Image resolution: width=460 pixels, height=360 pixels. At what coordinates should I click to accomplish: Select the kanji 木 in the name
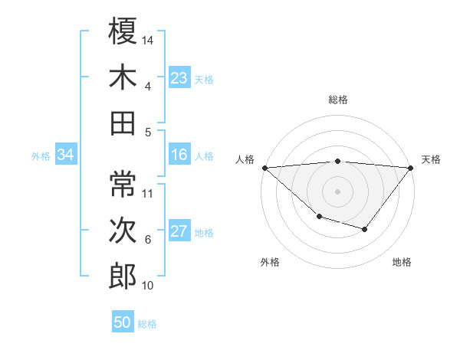point(123,77)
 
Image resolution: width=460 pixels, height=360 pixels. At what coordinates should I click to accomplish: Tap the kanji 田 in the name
point(123,123)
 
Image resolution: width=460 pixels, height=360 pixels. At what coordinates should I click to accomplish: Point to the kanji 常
point(123,183)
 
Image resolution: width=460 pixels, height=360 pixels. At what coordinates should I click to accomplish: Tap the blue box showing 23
point(179,78)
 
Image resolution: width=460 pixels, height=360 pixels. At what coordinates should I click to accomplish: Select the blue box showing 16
point(179,155)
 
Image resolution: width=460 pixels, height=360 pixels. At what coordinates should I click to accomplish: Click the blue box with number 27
point(179,232)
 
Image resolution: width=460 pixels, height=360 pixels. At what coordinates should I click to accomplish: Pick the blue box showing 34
point(66,155)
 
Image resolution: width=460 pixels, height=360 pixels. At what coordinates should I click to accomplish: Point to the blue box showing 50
point(123,322)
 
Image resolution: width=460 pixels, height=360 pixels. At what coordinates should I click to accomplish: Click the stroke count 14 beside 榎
point(148,40)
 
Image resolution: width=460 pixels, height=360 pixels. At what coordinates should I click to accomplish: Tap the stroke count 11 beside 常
point(148,193)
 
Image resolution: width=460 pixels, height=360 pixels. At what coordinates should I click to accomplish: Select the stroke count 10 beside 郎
point(148,286)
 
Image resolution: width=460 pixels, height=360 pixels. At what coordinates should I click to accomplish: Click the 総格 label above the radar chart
point(338,100)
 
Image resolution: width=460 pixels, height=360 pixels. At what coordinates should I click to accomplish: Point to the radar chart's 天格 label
point(432,159)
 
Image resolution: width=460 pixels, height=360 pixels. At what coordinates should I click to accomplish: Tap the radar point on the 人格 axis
point(264,168)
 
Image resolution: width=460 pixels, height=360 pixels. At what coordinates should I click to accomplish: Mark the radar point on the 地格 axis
point(365,229)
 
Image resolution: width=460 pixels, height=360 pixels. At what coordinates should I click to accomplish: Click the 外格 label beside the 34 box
point(41,156)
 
